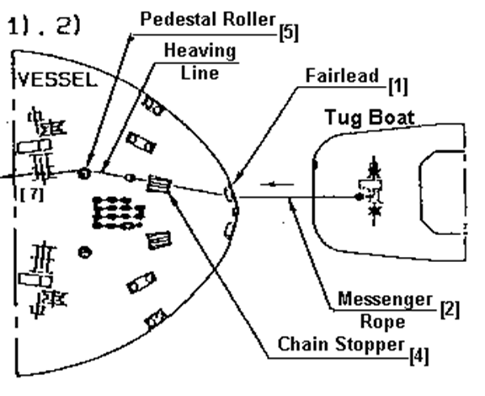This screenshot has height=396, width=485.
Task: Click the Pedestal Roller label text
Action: pos(208,19)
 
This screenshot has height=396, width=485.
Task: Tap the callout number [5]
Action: pos(289,32)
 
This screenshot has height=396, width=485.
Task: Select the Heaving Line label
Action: pos(200,62)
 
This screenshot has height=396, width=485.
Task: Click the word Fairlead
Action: pos(342,75)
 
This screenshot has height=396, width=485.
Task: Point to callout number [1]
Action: pos(397,87)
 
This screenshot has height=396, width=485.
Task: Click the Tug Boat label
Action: pos(370,118)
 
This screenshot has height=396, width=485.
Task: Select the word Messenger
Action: pos(385,299)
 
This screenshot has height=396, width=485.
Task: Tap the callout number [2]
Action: pos(450,309)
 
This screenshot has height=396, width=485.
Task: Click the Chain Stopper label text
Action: pos(341,345)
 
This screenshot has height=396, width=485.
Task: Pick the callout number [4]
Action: pos(419,356)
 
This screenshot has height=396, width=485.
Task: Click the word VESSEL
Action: pos(57,80)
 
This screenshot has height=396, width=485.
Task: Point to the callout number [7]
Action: pos(32,195)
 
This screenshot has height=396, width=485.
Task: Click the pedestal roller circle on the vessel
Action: pos(84,174)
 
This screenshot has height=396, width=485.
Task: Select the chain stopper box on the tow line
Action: pos(158,184)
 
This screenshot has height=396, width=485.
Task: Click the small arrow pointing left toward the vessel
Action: pos(277,185)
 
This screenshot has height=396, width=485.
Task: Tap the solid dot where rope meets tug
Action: pos(359,196)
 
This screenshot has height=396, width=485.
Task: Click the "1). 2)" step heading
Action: pos(44,25)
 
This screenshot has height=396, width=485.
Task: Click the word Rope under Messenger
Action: pos(382,322)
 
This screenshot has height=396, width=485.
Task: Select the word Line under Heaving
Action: pos(200,73)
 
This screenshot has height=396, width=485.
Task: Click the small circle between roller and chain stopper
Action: pos(131,178)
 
